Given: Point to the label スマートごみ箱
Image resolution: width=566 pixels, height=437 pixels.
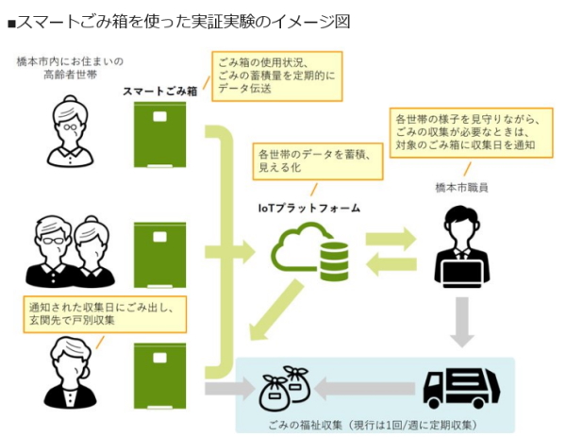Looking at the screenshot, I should coord(159,91).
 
